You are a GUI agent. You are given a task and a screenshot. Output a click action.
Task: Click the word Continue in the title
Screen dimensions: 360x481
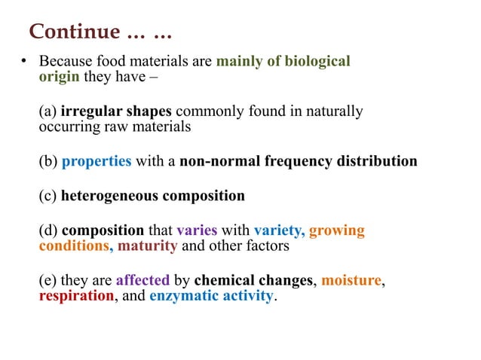(74, 32)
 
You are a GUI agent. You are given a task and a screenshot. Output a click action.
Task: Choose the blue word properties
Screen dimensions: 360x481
(97, 161)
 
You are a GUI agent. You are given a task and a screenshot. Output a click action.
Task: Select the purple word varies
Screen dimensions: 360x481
(197, 230)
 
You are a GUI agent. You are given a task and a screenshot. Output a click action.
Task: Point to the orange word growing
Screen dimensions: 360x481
(337, 230)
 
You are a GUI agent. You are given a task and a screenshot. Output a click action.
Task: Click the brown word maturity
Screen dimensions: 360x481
(148, 246)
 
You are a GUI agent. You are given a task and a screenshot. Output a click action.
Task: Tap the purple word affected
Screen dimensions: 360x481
(143, 281)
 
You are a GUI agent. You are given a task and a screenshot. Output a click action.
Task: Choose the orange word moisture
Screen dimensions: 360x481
(351, 281)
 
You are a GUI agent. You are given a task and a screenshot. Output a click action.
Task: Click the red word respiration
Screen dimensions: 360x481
(76, 296)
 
